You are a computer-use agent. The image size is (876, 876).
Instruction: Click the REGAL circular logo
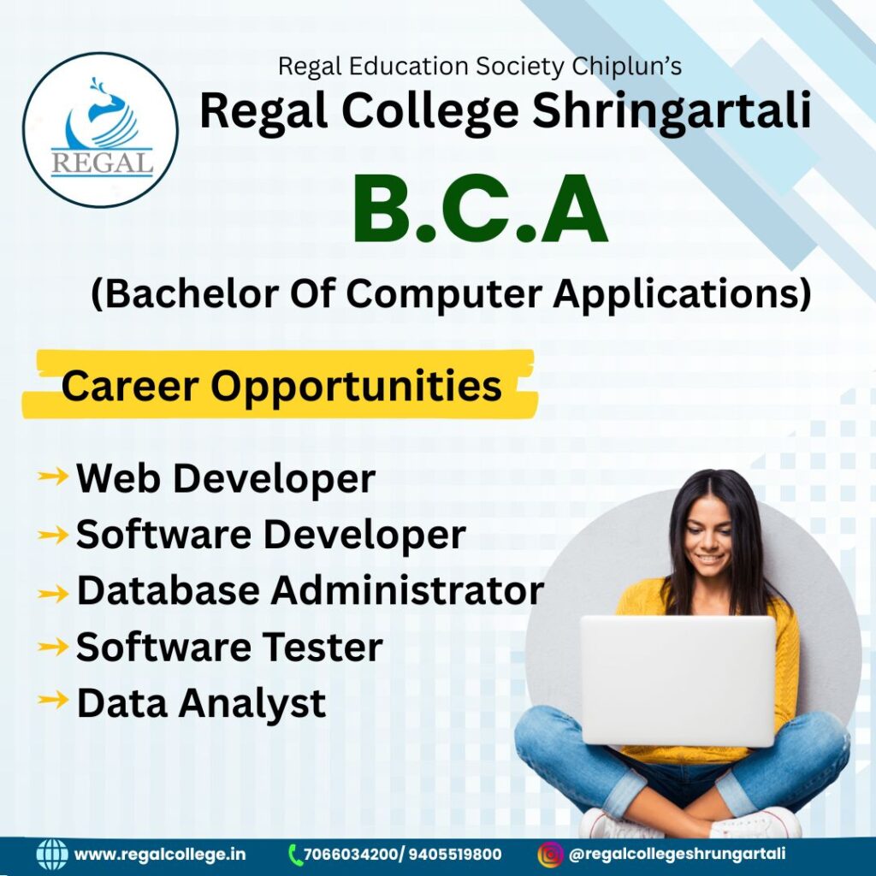click(101, 130)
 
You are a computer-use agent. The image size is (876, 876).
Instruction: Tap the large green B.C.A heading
click(480, 209)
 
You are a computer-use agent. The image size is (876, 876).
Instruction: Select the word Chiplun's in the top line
click(626, 67)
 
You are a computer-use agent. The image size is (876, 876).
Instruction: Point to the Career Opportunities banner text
click(281, 386)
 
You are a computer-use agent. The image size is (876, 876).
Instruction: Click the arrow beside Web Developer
click(53, 476)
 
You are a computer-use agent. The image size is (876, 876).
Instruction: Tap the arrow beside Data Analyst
click(53, 700)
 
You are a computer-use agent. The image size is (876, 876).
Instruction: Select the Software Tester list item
click(229, 647)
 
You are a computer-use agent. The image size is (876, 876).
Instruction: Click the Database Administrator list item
click(310, 590)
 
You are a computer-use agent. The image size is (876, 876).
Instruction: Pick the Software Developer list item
click(270, 534)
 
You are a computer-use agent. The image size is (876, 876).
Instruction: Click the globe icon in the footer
click(52, 855)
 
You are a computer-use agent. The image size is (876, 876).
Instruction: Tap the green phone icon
click(295, 855)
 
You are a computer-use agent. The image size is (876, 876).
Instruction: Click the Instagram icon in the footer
click(550, 855)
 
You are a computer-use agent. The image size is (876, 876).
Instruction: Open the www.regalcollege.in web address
click(160, 855)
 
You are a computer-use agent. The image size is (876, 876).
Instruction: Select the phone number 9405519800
click(455, 855)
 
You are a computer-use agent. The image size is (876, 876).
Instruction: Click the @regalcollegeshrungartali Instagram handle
click(678, 854)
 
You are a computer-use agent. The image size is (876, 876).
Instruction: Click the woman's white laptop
click(678, 680)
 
